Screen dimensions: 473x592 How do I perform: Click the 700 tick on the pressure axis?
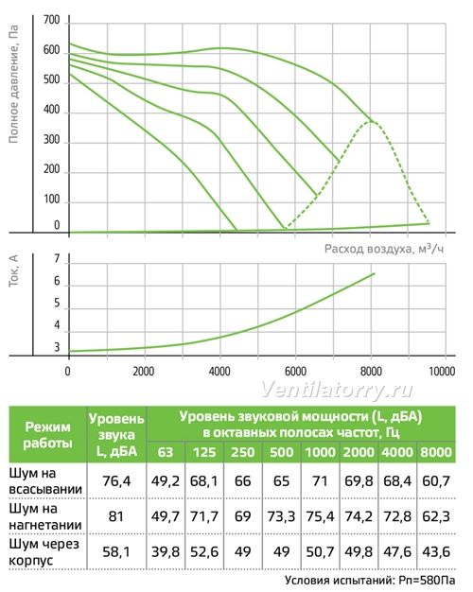click(51, 21)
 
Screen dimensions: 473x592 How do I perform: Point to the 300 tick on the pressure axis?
click(51, 140)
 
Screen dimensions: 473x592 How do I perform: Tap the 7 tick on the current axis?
click(57, 259)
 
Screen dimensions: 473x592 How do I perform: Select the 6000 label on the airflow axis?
click(295, 372)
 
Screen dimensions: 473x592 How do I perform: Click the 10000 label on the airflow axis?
click(442, 372)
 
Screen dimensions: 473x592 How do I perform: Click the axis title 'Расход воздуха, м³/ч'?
click(384, 249)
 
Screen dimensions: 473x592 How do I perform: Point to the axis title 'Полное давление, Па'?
click(13, 84)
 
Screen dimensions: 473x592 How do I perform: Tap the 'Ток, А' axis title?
click(13, 270)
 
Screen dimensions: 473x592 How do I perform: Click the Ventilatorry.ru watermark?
click(337, 390)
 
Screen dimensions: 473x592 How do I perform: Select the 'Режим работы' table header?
click(47, 435)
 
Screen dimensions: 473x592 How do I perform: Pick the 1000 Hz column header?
click(320, 452)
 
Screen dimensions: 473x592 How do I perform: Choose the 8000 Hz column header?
click(436, 452)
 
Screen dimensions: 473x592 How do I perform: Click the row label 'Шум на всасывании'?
click(45, 481)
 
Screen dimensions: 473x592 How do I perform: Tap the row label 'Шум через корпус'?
click(44, 551)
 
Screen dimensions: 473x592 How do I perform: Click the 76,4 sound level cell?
click(116, 481)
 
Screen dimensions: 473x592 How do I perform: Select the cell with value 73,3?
click(281, 516)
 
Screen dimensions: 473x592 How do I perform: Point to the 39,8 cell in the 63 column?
click(166, 551)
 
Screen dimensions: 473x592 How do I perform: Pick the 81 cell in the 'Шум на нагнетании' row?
click(116, 516)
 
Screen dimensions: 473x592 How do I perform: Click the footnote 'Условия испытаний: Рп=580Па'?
click(370, 581)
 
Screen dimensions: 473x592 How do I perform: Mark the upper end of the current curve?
click(375, 273)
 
